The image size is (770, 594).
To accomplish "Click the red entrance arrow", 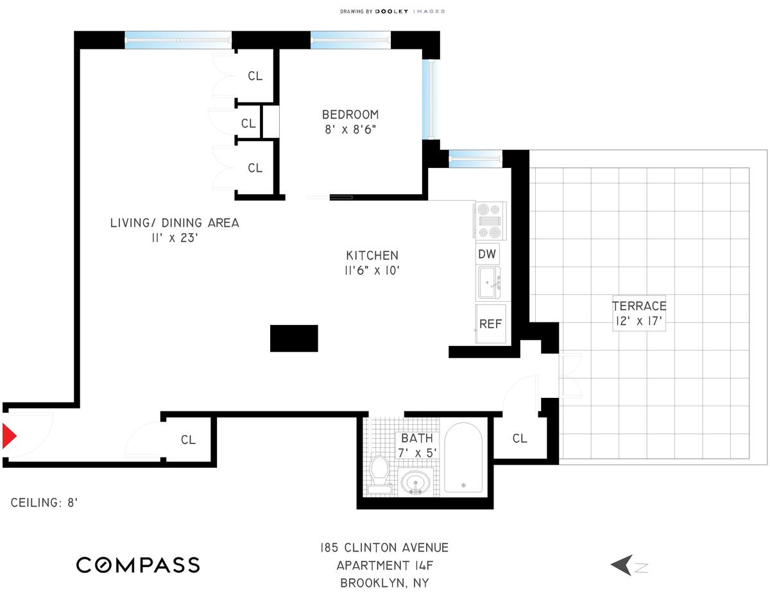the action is click(x=8, y=436).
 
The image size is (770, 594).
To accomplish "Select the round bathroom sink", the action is click(x=416, y=482).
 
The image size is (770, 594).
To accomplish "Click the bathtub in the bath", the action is click(x=463, y=457).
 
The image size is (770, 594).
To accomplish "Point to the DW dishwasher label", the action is click(x=487, y=254).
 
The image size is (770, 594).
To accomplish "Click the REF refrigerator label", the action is click(x=490, y=324).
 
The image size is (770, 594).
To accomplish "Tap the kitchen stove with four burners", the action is click(x=491, y=221).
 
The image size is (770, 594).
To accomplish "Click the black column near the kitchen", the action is click(x=294, y=338).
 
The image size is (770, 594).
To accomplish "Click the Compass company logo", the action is click(x=138, y=565).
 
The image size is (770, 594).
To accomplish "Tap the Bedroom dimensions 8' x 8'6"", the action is click(x=350, y=129).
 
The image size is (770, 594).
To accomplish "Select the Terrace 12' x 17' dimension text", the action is click(x=639, y=321).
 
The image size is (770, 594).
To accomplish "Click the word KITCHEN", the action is click(x=372, y=256).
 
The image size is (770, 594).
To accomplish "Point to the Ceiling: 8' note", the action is click(x=44, y=503).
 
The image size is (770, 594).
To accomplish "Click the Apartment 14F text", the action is click(x=385, y=565).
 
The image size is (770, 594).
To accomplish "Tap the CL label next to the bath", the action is click(x=520, y=439).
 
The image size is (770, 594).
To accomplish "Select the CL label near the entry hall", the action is click(x=188, y=440).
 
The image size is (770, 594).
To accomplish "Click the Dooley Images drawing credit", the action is click(x=392, y=12).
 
